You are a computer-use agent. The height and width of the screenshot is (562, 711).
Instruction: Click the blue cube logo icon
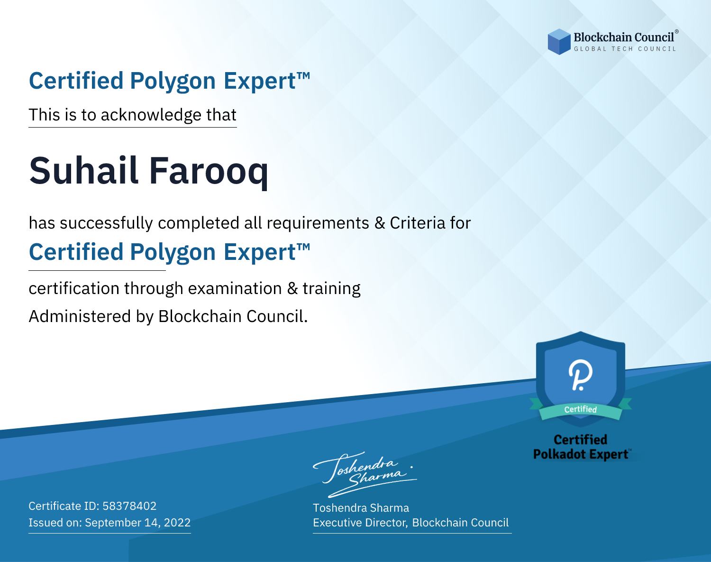coord(559,42)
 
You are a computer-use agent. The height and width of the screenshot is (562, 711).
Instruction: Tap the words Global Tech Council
coord(625,49)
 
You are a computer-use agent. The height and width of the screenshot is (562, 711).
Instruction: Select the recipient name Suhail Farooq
coord(149,171)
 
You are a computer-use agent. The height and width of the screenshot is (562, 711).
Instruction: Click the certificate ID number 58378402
coord(129,506)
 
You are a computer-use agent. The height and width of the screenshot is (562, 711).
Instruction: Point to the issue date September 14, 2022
coord(138,522)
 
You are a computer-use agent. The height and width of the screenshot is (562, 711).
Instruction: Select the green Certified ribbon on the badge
coord(581,410)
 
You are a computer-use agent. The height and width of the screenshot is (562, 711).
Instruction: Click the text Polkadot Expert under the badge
coord(581,454)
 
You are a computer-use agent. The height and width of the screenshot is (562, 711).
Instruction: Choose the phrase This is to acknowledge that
coord(133,115)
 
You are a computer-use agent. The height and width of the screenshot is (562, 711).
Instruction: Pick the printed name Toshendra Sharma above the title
coord(361,508)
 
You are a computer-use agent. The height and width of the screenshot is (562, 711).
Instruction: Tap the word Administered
coord(80,316)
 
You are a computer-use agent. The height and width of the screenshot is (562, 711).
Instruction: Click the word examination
coord(235,288)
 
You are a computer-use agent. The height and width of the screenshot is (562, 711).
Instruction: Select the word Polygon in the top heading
coord(173,81)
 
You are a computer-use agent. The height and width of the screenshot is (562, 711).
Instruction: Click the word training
coord(331,289)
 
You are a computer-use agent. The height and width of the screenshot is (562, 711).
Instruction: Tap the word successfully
coord(106,223)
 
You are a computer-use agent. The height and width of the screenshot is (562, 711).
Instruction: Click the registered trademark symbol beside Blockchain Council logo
coord(676,32)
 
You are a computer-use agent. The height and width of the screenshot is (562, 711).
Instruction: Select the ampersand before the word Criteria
coord(380,223)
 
